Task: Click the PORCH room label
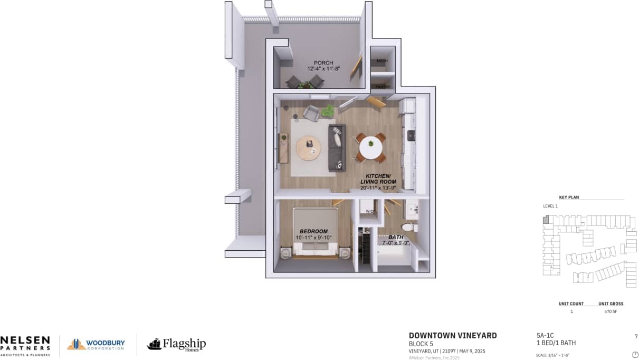323,63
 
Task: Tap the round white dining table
371,147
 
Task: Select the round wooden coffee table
308,148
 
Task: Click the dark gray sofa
337,148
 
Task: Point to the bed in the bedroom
315,232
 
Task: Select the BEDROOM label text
313,231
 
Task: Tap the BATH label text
396,238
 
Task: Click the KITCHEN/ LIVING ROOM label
378,178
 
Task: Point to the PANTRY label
383,87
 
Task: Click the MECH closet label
383,61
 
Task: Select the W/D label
370,212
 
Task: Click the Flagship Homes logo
176,345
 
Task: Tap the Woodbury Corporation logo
96,345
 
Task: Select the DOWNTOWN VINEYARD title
453,336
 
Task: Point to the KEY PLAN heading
569,197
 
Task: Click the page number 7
636,336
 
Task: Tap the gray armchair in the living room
311,113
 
